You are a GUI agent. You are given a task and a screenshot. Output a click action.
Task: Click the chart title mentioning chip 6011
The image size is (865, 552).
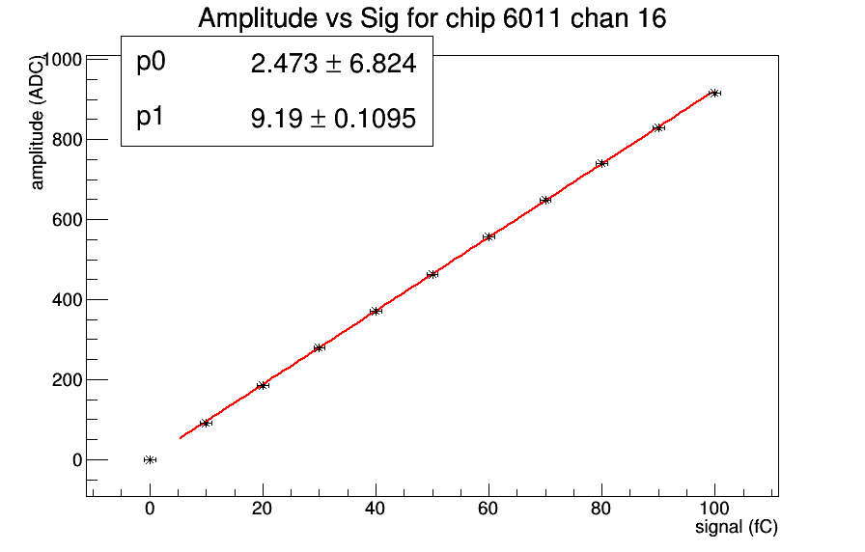[432, 18]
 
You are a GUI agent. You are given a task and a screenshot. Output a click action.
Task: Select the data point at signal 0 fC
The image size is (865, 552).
[150, 459]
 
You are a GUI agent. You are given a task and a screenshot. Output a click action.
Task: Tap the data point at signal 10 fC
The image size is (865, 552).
[206, 423]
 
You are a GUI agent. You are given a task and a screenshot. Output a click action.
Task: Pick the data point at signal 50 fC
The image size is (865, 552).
[432, 274]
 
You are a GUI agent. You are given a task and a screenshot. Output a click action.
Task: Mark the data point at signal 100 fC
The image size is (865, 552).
[714, 93]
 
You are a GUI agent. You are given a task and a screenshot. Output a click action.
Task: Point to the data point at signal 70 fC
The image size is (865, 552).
[545, 200]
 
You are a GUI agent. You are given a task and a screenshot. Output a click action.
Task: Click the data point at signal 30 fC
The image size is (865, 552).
[319, 347]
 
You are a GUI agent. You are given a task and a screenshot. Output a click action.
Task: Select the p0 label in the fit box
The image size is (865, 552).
[152, 63]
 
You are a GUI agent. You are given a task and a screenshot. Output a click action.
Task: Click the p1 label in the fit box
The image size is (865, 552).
[151, 118]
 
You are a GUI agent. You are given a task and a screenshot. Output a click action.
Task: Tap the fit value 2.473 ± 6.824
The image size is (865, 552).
[333, 65]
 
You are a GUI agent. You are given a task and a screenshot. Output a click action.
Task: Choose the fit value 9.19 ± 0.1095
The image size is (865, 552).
[333, 120]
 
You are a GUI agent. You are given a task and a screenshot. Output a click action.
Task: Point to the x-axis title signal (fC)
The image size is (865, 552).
[737, 528]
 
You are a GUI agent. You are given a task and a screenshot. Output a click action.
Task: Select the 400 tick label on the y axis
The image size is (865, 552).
[63, 300]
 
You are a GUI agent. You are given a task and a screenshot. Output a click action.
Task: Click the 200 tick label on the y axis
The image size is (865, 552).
[63, 380]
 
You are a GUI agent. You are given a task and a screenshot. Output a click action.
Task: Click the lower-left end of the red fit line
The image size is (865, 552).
[181, 438]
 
